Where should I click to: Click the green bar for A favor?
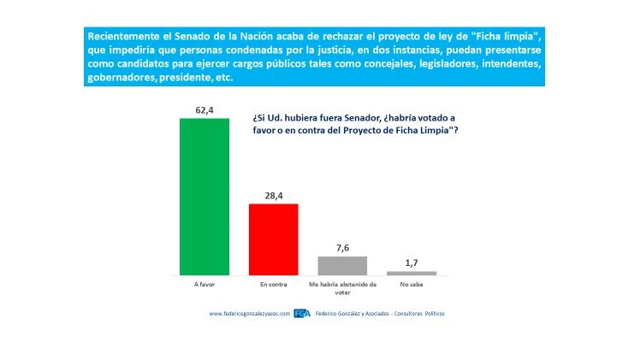point(204,196)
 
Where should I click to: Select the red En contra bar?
point(273,239)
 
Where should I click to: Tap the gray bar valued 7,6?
point(342,265)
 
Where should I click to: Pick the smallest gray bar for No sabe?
point(411,273)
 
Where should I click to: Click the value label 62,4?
point(204,109)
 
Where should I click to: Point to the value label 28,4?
point(273,195)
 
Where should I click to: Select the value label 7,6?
point(342,247)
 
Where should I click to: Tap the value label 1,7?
point(411,262)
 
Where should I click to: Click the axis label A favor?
point(204,283)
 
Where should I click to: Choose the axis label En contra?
point(273,283)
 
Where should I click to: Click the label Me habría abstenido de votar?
point(342,286)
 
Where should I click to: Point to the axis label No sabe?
point(411,283)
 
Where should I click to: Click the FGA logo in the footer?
point(302,314)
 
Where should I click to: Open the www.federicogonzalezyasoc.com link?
point(250,314)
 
